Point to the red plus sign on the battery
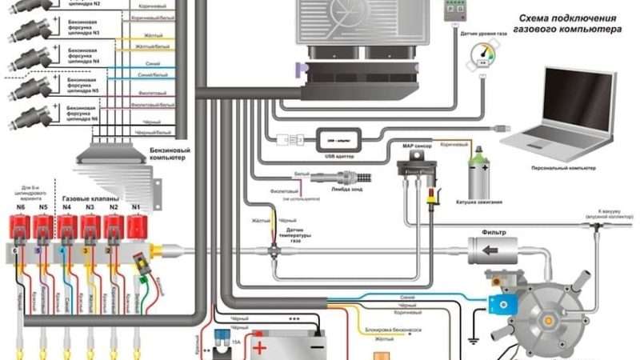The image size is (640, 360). (x=259, y=348)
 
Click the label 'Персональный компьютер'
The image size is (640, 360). (x=563, y=169)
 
